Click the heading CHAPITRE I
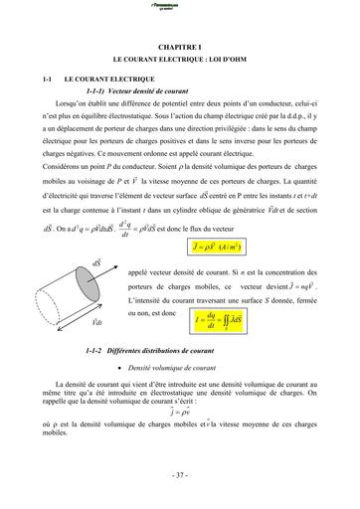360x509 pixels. pos(179,46)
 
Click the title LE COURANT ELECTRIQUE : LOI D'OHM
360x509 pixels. pos(180,61)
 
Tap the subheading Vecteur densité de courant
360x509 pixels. pos(140,88)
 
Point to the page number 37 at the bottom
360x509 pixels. pos(180,475)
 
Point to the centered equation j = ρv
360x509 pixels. pos(180,410)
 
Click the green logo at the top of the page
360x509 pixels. pos(180,7)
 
